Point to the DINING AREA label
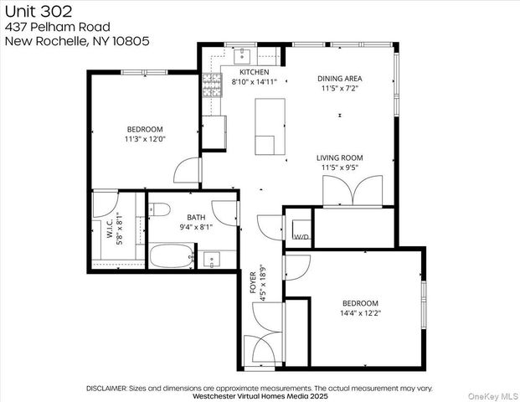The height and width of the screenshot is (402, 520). click(x=339, y=78)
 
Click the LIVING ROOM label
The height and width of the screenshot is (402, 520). click(x=339, y=157)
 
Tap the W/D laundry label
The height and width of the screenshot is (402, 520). click(x=300, y=237)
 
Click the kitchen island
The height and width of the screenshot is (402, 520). click(x=270, y=126)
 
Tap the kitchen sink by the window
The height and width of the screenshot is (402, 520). click(x=240, y=55)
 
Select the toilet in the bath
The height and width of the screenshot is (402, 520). click(x=162, y=209)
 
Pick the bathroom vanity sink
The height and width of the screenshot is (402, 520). click(x=211, y=258)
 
